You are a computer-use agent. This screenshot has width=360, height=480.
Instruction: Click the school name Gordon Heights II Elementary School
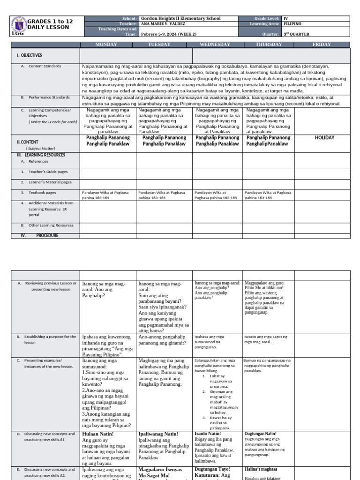pyautogui.click(x=180, y=18)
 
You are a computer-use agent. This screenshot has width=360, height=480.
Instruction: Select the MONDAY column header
pyautogui.click(x=108, y=45)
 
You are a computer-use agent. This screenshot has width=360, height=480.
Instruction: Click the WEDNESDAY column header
pyautogui.click(x=215, y=45)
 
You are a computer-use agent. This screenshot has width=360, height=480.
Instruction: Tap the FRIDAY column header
pyautogui.click(x=322, y=45)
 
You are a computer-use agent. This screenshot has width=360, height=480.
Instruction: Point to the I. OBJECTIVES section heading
pyautogui.click(x=30, y=55)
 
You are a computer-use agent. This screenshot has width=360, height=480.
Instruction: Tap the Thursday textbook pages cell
pyautogui.click(x=267, y=195)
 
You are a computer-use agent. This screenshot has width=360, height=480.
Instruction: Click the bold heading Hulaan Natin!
pyautogui.click(x=97, y=434)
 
